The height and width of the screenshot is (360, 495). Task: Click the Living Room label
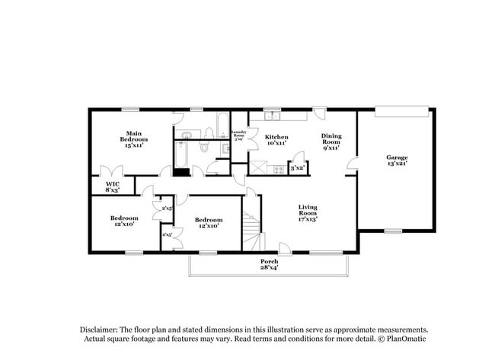pyautogui.click(x=307, y=211)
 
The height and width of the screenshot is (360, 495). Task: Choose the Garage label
pyautogui.click(x=397, y=161)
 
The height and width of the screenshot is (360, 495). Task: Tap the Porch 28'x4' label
pyautogui.click(x=270, y=264)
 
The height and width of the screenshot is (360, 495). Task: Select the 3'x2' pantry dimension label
pyautogui.click(x=297, y=167)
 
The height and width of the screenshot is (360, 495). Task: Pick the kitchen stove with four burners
pyautogui.click(x=279, y=169)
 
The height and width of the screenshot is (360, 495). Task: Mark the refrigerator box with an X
pyautogui.click(x=259, y=167)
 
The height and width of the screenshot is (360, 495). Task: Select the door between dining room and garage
pyautogui.click(x=351, y=164)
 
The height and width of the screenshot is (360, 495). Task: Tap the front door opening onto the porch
pyautogui.click(x=284, y=248)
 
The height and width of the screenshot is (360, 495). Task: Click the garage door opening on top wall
pyautogui.click(x=403, y=110)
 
